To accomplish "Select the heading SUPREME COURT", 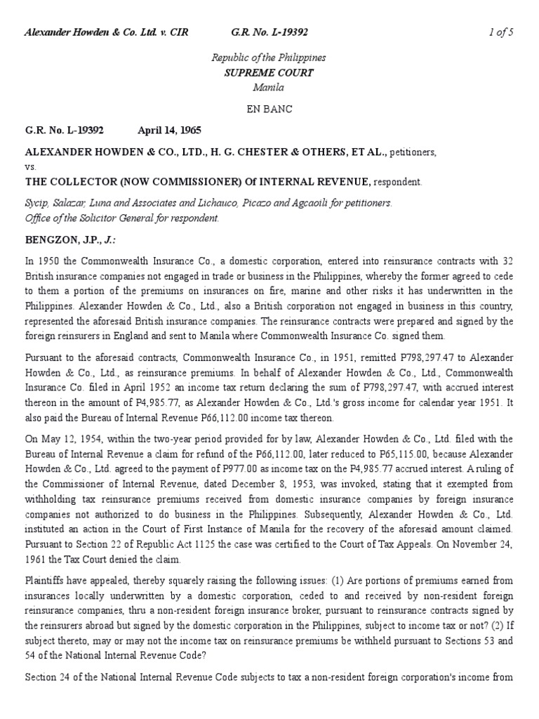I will tap(269, 72).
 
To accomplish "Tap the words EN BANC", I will tap(269, 109).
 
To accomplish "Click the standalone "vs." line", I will tap(31, 167).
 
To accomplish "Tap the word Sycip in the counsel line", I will tap(36, 203).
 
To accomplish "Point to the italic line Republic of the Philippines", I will tap(269, 58).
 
